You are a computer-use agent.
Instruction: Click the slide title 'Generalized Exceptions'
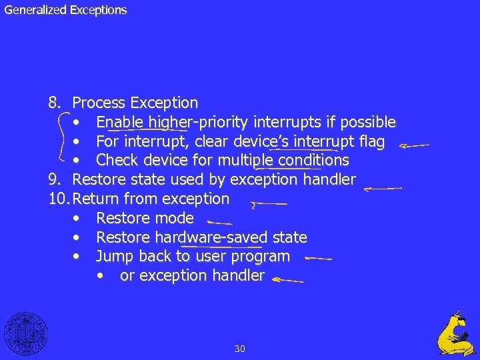click(x=65, y=10)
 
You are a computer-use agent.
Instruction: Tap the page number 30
click(x=240, y=348)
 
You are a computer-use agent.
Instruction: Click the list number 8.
click(x=55, y=103)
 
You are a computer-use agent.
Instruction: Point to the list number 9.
click(x=55, y=180)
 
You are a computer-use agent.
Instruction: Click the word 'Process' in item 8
click(x=99, y=103)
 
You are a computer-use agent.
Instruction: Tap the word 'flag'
click(x=370, y=142)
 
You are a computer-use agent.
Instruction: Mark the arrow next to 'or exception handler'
click(x=287, y=281)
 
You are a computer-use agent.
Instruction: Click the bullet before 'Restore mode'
click(x=79, y=219)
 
